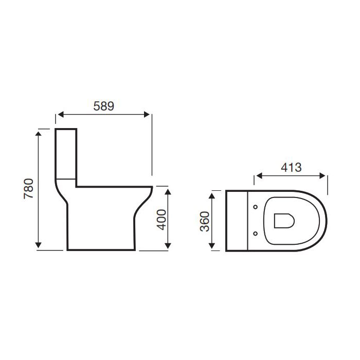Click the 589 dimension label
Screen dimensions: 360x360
click(x=103, y=106)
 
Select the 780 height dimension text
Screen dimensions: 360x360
click(x=29, y=189)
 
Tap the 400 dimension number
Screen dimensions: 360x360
click(x=161, y=220)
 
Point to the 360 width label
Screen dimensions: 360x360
click(x=205, y=221)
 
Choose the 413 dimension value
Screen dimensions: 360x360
click(x=291, y=167)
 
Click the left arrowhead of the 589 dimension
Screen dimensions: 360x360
click(x=61, y=114)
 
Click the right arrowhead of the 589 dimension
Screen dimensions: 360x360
click(x=147, y=114)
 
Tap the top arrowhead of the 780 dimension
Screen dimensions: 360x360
click(x=39, y=135)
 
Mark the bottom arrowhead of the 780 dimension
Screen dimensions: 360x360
click(x=39, y=245)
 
